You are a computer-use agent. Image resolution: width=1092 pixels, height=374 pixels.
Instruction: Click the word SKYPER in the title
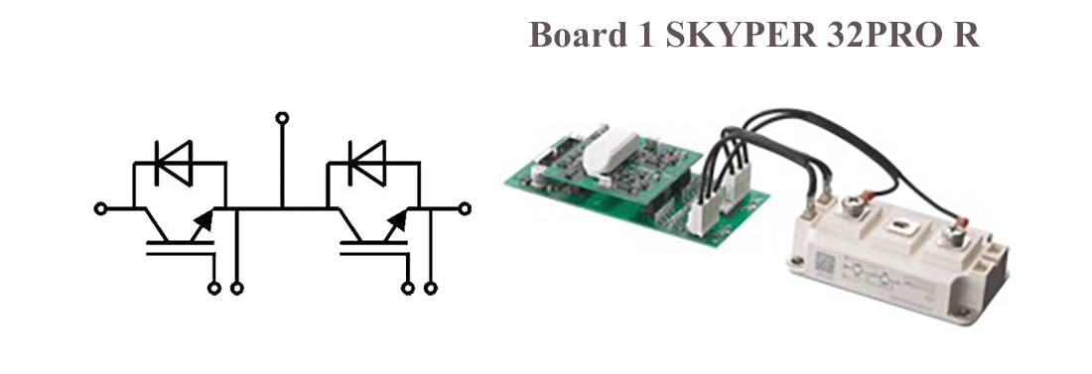[x=742, y=35]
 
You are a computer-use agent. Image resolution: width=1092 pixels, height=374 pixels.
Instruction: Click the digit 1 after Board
[x=645, y=35]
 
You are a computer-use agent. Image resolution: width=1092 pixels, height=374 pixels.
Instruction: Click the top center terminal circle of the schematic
[x=282, y=118]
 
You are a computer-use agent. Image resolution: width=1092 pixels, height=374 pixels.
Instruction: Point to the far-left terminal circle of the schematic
[x=101, y=208]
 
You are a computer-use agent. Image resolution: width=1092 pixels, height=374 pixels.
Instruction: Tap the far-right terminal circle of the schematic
[x=465, y=208]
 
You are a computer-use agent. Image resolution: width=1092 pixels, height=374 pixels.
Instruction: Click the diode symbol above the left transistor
[x=174, y=163]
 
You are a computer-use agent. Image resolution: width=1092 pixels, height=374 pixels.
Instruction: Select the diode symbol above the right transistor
[x=367, y=163]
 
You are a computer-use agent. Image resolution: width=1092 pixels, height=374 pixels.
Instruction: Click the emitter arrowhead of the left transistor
[x=205, y=221]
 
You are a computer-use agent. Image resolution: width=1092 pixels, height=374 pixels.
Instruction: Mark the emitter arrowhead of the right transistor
[x=398, y=221]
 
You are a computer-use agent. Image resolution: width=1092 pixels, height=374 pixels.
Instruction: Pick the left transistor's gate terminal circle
[x=214, y=288]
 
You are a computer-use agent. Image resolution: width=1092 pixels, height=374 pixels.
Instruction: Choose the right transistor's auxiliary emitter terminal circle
[x=431, y=288]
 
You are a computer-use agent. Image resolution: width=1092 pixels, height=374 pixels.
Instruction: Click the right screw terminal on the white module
[x=953, y=237]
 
